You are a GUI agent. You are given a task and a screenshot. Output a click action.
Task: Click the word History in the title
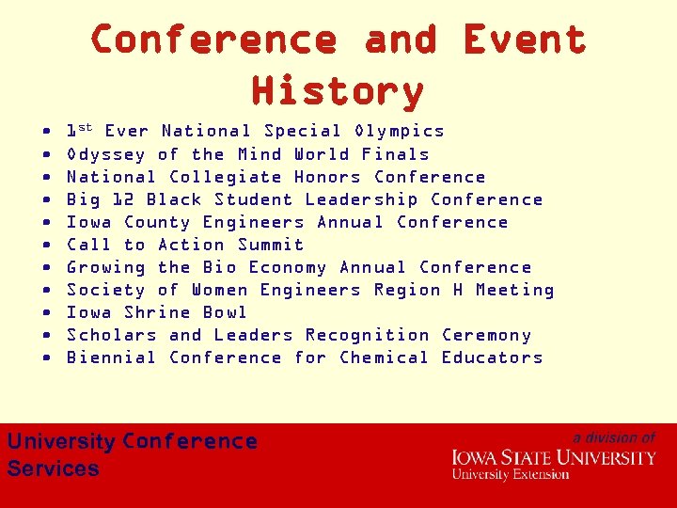338,91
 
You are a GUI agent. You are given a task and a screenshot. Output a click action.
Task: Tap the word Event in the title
525,40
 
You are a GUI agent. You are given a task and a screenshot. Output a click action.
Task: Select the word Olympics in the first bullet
400,131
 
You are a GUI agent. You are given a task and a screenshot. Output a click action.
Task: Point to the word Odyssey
106,154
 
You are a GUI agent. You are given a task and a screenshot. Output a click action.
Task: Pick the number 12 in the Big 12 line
123,199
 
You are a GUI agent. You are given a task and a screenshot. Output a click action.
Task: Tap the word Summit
271,245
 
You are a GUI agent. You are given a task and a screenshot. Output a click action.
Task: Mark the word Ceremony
487,335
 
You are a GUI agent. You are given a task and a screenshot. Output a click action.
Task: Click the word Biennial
112,357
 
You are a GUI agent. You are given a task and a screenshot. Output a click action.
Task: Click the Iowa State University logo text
554,458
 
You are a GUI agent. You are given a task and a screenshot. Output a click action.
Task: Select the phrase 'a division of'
614,437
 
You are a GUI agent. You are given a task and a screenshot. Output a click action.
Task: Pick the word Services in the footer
54,468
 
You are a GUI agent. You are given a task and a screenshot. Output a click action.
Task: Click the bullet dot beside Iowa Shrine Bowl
47,313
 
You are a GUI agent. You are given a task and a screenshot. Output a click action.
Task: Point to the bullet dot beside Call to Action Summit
47,246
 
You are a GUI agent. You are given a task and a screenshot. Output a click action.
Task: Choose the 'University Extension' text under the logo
511,474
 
